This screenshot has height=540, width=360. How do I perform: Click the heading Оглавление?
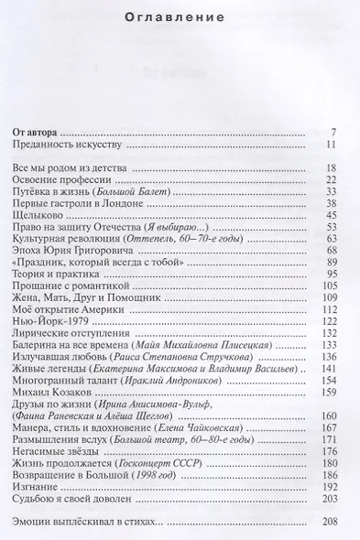click(180, 15)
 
